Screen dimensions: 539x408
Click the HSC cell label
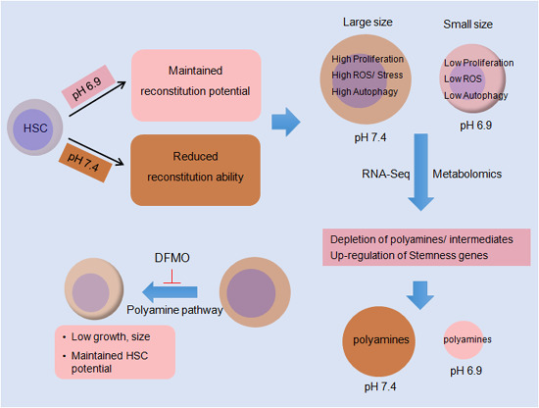pyautogui.click(x=35, y=128)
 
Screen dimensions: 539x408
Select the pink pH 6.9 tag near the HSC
pyautogui.click(x=88, y=87)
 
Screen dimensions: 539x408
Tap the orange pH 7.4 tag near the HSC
pyautogui.click(x=85, y=162)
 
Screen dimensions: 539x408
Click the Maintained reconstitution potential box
pyautogui.click(x=196, y=85)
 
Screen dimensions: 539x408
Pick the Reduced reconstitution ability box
pyautogui.click(x=195, y=171)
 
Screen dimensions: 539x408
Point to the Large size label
pyautogui.click(x=367, y=23)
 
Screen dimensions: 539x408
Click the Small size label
pyautogui.click(x=467, y=25)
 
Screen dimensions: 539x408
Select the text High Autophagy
pyautogui.click(x=365, y=92)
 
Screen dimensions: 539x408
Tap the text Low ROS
pyautogui.click(x=463, y=78)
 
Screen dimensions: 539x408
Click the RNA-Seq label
pyautogui.click(x=386, y=174)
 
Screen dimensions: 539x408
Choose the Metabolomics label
pyautogui.click(x=466, y=174)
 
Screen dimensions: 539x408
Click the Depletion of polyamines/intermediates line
pyautogui.click(x=421, y=239)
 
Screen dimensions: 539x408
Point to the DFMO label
pyautogui.click(x=171, y=258)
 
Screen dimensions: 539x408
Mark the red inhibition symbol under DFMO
pyautogui.click(x=171, y=277)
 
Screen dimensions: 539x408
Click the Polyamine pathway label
pyautogui.click(x=174, y=310)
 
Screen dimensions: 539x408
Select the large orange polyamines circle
pyautogui.click(x=378, y=341)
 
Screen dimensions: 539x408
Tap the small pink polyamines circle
pyautogui.click(x=464, y=340)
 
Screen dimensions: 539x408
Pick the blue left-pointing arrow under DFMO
pyautogui.click(x=170, y=292)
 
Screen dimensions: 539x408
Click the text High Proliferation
pyautogui.click(x=367, y=59)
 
